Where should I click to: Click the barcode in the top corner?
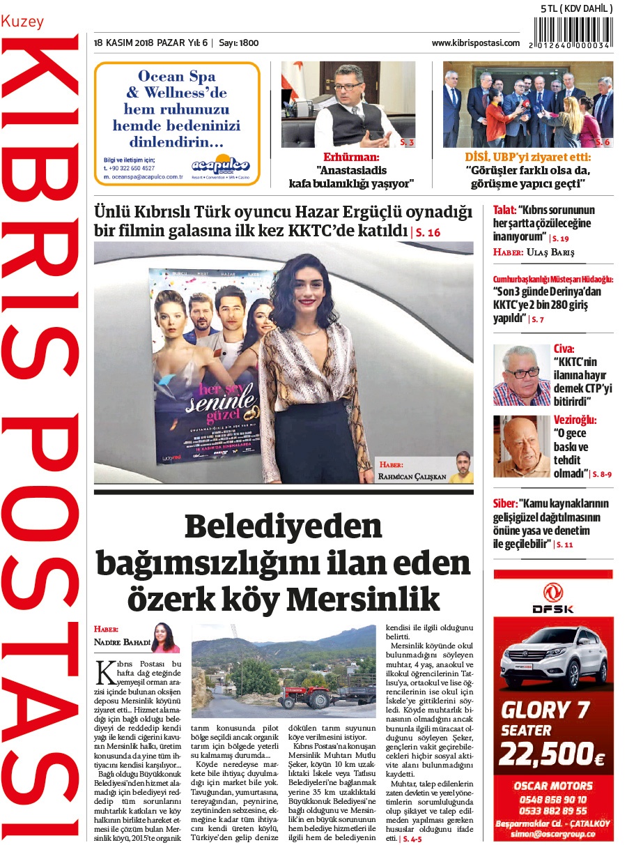(573, 32)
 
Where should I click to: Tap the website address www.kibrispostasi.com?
(475, 43)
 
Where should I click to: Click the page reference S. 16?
(427, 233)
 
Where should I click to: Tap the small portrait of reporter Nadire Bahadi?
(166, 637)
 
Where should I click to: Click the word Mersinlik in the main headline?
(363, 599)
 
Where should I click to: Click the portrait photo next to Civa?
(521, 375)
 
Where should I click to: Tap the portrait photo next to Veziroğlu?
(521, 446)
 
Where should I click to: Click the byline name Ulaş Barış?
(550, 252)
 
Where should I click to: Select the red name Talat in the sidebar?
(503, 209)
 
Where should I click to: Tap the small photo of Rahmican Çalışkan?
(460, 466)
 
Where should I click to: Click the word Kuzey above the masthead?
(22, 22)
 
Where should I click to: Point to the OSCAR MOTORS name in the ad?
(552, 786)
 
